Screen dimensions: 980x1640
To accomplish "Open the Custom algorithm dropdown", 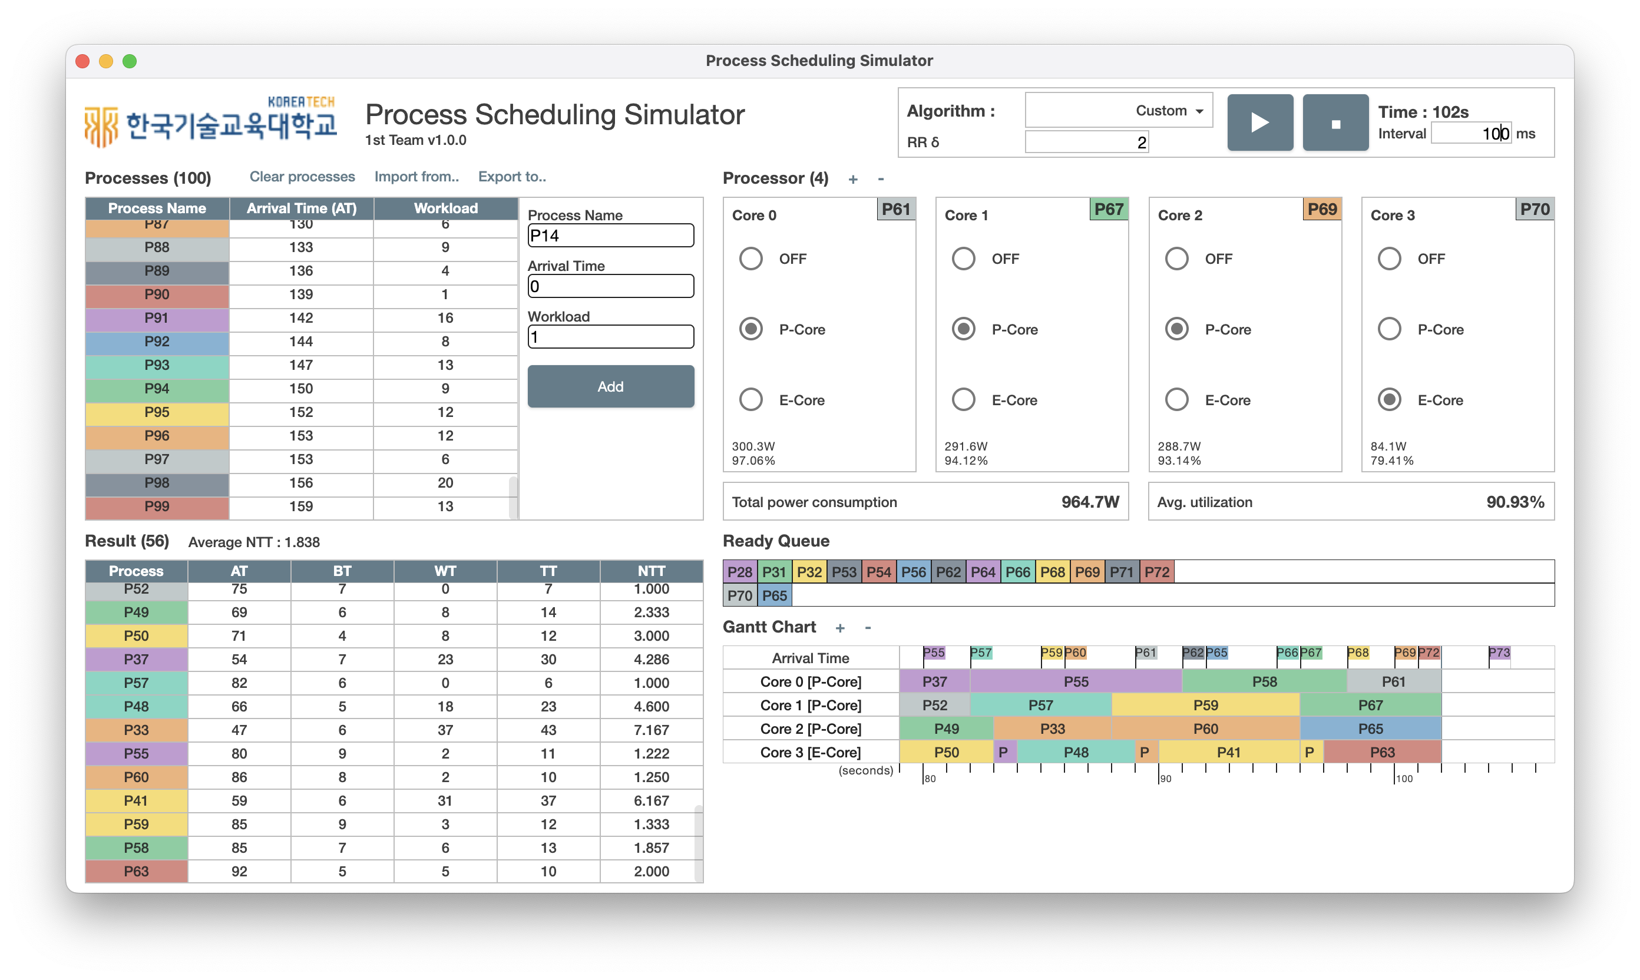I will pyautogui.click(x=1118, y=110).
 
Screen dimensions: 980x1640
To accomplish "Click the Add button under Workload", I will pyautogui.click(x=610, y=386).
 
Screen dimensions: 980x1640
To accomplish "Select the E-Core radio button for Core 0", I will pyautogui.click(x=751, y=399).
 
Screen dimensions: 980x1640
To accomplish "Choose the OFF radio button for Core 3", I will pyautogui.click(x=1389, y=258).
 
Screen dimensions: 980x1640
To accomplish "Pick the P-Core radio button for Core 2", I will pyautogui.click(x=1176, y=329).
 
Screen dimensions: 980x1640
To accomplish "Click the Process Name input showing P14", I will pyautogui.click(x=610, y=236).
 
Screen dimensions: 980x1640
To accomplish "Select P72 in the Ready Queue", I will pyautogui.click(x=1156, y=572).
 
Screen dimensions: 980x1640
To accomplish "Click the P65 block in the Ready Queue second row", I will pyautogui.click(x=774, y=595).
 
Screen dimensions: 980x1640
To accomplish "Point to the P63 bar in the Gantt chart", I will pyautogui.click(x=1382, y=752).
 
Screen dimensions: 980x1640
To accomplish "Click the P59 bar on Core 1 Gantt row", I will pyautogui.click(x=1205, y=706).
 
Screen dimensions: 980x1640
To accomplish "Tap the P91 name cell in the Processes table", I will pyautogui.click(x=157, y=318).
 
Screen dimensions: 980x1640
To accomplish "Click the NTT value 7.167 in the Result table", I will pyautogui.click(x=652, y=730).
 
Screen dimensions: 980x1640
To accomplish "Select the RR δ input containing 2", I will pyautogui.click(x=1086, y=142).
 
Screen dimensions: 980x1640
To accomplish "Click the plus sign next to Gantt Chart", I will pyautogui.click(x=839, y=628).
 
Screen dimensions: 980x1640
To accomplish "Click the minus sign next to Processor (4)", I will pyautogui.click(x=881, y=179).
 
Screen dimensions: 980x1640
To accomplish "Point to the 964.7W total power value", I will pyautogui.click(x=1090, y=502).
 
